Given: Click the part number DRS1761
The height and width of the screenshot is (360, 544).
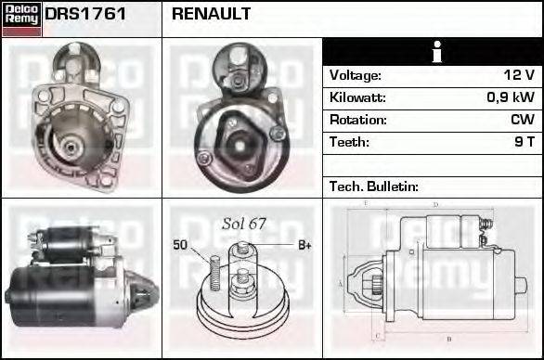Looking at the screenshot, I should [x=86, y=15].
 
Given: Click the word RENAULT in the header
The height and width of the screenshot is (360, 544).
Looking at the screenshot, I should [x=211, y=15].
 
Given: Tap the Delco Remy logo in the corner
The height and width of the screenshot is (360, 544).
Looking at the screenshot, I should [x=21, y=18].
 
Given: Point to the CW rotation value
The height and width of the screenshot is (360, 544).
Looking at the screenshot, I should [x=523, y=120].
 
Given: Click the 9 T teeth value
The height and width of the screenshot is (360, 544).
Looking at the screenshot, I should [x=525, y=142].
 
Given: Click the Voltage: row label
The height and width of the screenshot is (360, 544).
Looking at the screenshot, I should [x=356, y=75].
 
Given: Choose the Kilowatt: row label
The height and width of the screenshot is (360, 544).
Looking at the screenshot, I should [x=357, y=97].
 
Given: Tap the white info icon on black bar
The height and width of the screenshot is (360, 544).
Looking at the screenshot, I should [x=433, y=52].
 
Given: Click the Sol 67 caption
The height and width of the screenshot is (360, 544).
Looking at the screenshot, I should [x=243, y=224].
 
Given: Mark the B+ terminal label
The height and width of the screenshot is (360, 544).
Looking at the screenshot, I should [x=304, y=245].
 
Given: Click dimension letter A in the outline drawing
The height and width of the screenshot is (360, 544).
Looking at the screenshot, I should [x=341, y=283].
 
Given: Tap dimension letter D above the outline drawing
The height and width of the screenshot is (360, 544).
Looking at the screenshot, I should [x=435, y=203].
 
